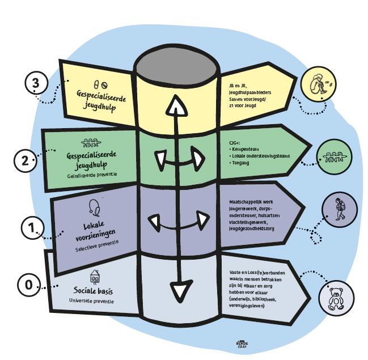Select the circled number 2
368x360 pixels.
point(25,160)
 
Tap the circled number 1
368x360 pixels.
point(32,228)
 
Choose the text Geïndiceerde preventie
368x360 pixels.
point(92,174)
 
